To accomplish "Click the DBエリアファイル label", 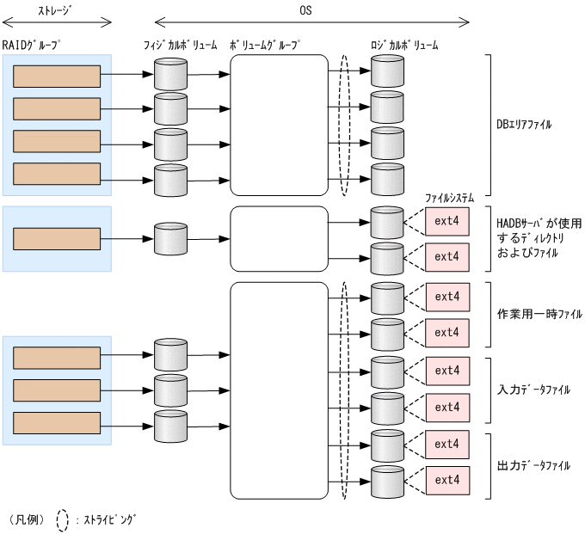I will point(524,125).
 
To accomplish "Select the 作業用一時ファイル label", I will point(539,315).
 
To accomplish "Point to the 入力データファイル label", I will point(533,390).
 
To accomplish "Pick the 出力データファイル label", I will point(533,465).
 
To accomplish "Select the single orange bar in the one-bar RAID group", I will point(58,238).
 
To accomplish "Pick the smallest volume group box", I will point(279,237).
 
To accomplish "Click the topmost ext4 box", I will point(446,222).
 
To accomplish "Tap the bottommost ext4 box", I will point(446,479).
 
